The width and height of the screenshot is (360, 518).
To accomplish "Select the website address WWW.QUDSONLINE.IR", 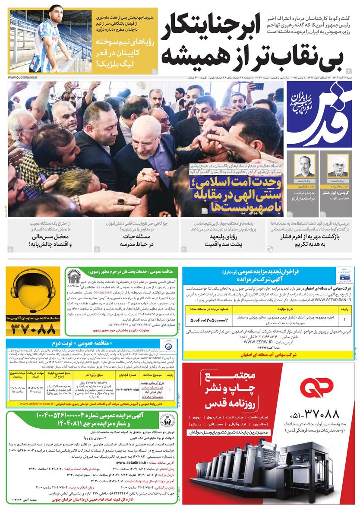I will (x=22, y=77).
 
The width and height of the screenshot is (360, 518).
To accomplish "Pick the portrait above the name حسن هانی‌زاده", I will (x=336, y=167).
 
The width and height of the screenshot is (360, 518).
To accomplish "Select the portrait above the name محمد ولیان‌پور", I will (x=304, y=167).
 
